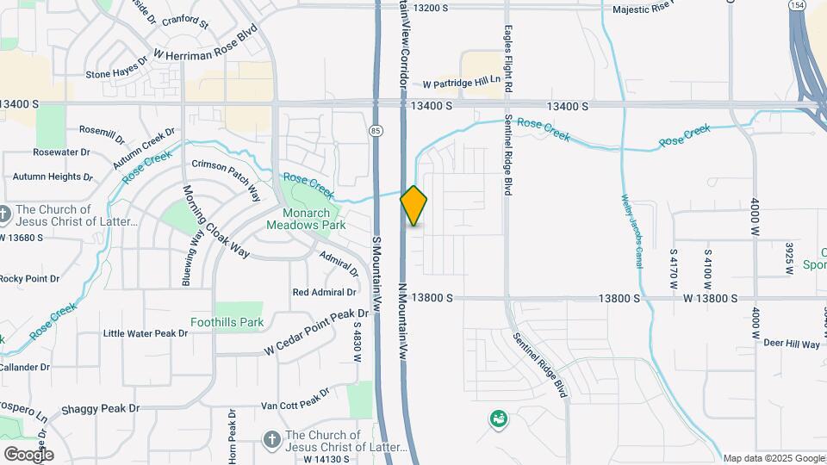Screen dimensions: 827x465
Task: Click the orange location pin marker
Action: tap(413, 206)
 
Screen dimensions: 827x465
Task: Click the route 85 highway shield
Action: tap(376, 130)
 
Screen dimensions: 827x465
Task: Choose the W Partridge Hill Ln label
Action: tap(462, 84)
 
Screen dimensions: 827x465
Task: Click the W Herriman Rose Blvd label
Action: tap(206, 53)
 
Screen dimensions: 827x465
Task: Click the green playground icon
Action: tap(498, 419)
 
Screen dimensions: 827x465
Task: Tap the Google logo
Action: tap(28, 454)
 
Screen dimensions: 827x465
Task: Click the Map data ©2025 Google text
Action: tap(774, 458)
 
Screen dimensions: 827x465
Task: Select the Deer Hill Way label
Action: tap(791, 344)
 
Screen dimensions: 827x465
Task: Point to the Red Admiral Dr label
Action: tap(325, 292)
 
